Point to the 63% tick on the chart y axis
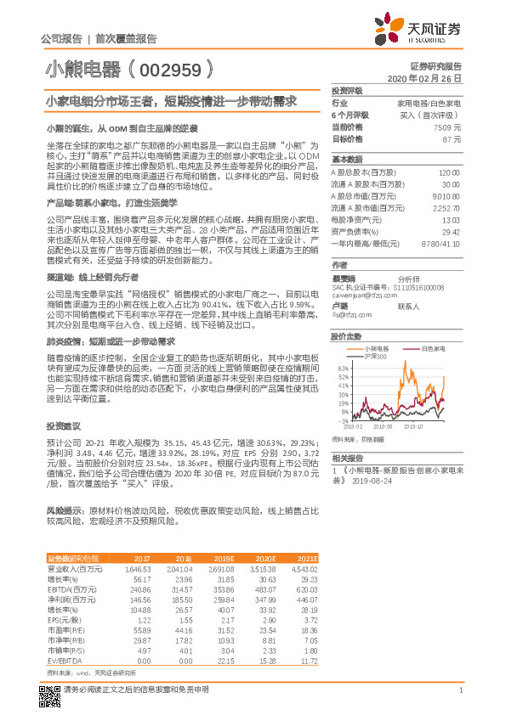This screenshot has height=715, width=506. [343, 368]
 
